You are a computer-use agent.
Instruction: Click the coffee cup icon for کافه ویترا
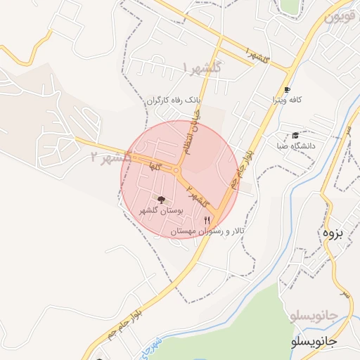(x=287, y=90)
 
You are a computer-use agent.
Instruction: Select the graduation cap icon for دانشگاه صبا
(x=295, y=135)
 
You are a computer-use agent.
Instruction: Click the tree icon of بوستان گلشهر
(x=161, y=200)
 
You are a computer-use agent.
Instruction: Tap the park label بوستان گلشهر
(x=161, y=210)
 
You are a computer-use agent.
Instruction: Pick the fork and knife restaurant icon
(x=206, y=220)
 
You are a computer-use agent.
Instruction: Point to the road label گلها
(x=155, y=166)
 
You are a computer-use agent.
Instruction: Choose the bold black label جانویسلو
(x=314, y=341)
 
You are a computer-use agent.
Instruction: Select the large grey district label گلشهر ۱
(x=201, y=67)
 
